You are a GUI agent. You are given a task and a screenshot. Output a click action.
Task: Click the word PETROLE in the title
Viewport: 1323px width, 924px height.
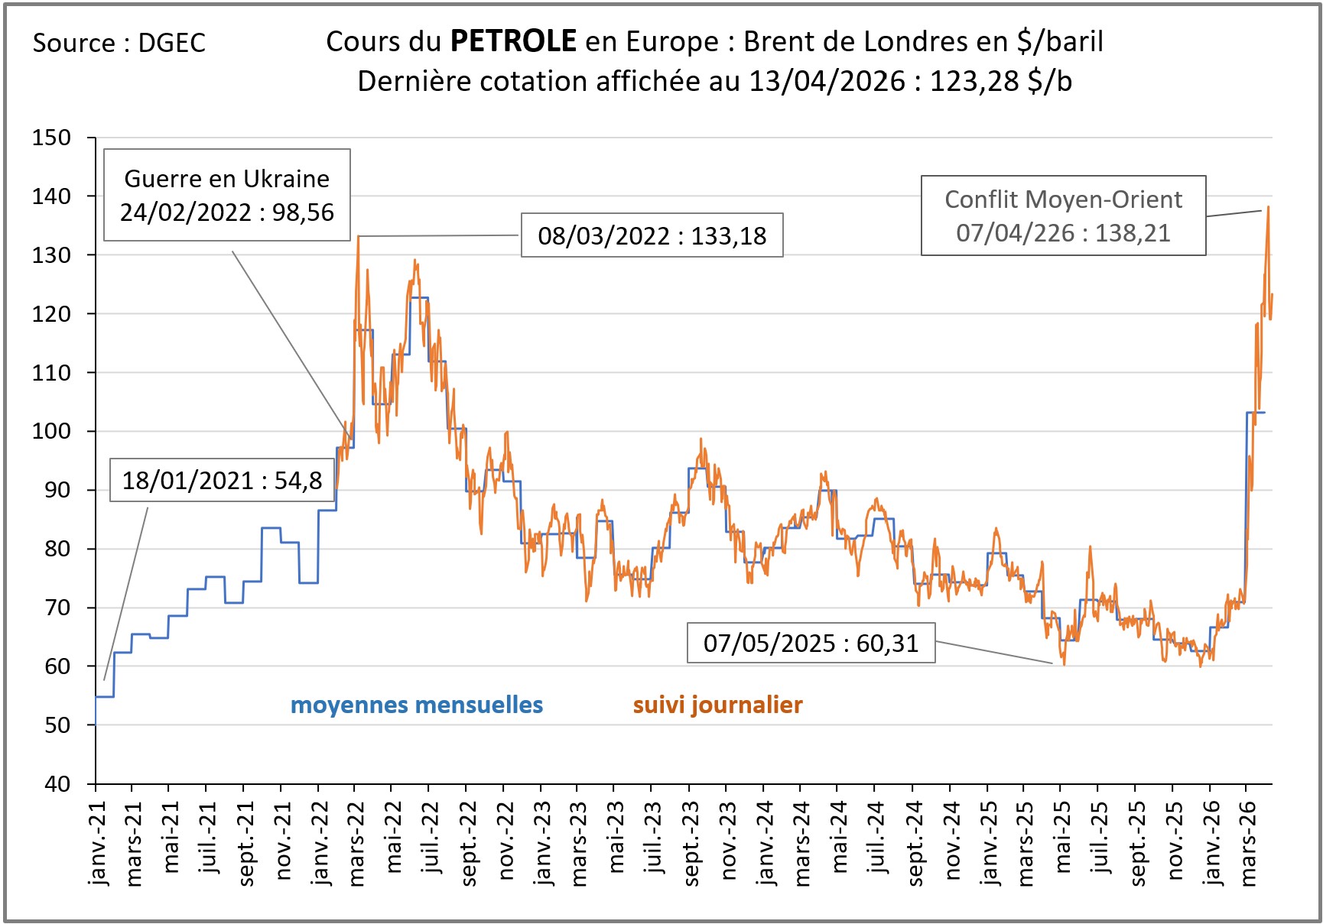coord(513,41)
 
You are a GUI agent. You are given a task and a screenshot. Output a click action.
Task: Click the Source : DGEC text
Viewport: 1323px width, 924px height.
coord(119,44)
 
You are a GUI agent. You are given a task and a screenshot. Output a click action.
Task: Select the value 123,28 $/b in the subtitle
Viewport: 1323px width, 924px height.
coord(1000,81)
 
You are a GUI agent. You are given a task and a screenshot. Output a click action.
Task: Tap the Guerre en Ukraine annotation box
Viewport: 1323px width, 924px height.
coord(227,195)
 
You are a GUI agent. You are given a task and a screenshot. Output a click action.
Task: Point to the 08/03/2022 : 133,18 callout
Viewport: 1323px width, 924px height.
coord(652,235)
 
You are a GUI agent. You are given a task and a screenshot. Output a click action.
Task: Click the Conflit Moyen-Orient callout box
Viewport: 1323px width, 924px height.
coord(1063,216)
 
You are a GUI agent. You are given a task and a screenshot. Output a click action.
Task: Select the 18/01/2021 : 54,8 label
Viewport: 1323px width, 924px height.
coord(222,480)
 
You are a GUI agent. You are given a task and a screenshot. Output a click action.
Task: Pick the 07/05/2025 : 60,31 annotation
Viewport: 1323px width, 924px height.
coord(811,643)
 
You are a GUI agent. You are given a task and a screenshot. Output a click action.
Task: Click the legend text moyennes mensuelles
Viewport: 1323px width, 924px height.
coord(417,705)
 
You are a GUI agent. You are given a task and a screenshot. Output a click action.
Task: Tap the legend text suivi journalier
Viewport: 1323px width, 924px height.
coord(717,705)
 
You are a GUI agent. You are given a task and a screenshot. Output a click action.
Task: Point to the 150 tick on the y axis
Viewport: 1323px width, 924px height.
coord(51,138)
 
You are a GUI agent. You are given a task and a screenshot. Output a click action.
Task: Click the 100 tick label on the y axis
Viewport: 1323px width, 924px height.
coord(51,431)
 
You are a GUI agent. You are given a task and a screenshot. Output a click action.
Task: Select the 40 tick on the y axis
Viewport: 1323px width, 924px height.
coord(57,783)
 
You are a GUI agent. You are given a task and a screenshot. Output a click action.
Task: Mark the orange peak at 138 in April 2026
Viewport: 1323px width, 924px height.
coord(1268,207)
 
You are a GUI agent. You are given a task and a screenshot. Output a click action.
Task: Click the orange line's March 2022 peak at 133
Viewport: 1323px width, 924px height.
coord(358,237)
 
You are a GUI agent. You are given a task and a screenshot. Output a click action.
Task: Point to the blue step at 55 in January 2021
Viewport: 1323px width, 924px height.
coord(105,696)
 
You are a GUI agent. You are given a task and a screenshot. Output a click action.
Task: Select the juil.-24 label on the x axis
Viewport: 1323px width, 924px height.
coord(876,839)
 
